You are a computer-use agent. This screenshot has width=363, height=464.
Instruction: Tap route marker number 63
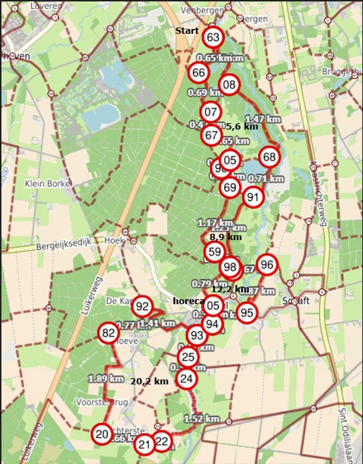click(214, 37)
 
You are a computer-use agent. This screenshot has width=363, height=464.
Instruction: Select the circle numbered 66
click(199, 73)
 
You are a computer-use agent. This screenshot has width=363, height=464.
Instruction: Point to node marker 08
click(229, 86)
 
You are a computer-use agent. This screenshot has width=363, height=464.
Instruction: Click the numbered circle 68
click(269, 156)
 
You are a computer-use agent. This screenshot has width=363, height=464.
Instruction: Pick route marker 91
click(253, 197)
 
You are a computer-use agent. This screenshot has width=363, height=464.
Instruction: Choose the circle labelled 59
click(215, 251)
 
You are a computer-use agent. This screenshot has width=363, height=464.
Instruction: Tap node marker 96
click(266, 265)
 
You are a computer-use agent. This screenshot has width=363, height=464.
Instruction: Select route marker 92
click(143, 306)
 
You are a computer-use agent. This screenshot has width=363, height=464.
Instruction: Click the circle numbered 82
click(108, 334)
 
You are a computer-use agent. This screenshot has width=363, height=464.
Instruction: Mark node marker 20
click(103, 434)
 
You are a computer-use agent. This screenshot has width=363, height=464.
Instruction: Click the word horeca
click(188, 301)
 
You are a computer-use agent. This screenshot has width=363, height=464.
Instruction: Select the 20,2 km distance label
click(150, 381)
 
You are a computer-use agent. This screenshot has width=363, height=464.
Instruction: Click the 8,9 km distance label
click(226, 237)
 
